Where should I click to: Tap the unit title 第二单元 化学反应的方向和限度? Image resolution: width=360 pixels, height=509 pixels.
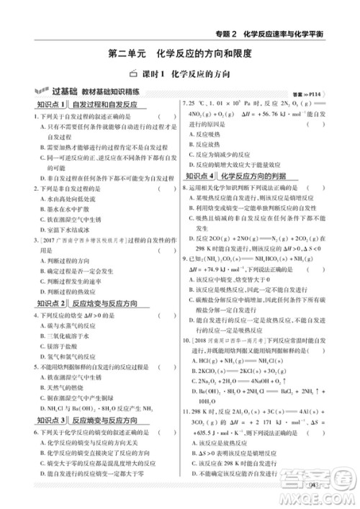(x=179, y=53)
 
